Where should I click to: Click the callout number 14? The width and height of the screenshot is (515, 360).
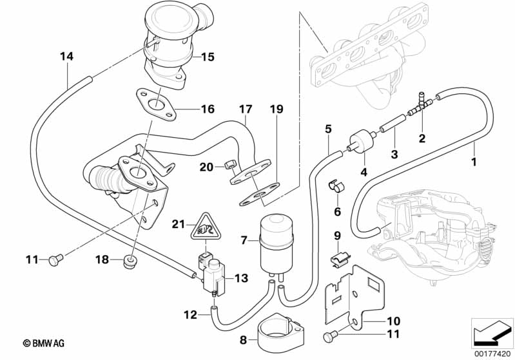[67, 56]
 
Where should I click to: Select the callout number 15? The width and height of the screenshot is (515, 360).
[206, 57]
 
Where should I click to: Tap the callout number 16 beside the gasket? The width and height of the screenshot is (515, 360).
[206, 109]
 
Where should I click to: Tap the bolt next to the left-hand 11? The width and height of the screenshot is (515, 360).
[55, 260]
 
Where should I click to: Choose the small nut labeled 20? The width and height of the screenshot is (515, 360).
[228, 168]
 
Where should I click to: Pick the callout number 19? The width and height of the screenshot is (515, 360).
[277, 110]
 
